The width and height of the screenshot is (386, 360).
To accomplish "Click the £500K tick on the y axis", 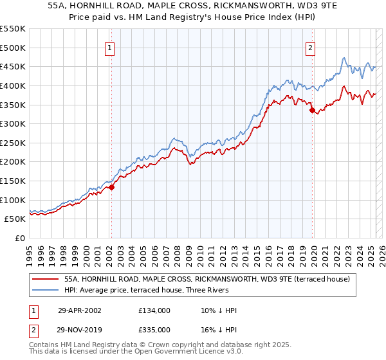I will point(13,48).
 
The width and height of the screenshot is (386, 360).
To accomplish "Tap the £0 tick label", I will point(21,238).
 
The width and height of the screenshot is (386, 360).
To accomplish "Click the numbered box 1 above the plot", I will point(110,47).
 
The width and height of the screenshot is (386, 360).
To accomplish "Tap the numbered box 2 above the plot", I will point(310,47).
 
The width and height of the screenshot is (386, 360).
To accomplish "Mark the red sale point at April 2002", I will point(111,187).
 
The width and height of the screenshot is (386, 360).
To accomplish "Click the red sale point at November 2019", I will point(312,110).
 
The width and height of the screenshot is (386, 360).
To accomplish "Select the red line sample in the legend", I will point(44,279).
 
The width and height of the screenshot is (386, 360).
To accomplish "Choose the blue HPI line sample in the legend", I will point(44,290).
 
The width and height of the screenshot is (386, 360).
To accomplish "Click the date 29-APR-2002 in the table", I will point(79,310).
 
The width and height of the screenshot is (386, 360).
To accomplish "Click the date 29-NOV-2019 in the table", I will point(79,329).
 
